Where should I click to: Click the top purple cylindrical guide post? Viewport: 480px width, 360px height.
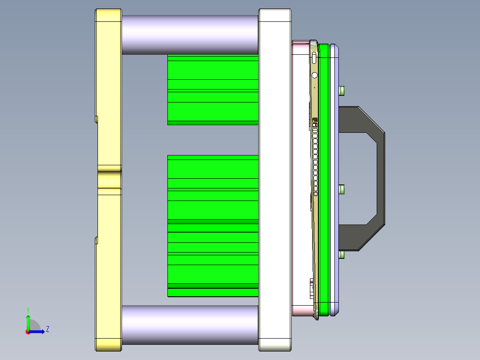[189, 35]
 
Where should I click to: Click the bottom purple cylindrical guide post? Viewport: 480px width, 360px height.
[189, 325]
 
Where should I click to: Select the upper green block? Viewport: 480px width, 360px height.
[213, 90]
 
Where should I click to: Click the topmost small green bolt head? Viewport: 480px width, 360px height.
[342, 90]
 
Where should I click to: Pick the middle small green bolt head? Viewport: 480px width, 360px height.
[342, 190]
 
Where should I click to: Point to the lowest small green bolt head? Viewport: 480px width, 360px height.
[342, 255]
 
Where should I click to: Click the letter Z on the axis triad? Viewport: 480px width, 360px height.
[47, 329]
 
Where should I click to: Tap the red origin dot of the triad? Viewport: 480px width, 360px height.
[28, 331]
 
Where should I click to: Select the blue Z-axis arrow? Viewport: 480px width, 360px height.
[38, 331]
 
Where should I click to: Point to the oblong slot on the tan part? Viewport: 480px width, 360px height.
[314, 57]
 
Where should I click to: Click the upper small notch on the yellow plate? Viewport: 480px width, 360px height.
[96, 119]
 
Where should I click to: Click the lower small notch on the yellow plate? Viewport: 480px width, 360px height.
[96, 241]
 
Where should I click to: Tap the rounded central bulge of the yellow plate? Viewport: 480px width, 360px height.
[109, 178]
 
